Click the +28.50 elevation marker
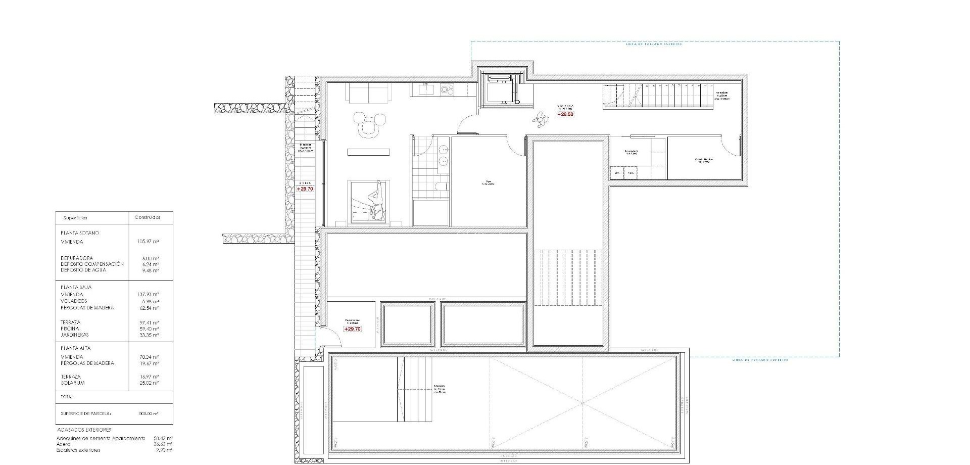(x=565, y=115)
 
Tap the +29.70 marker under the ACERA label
(x=305, y=189)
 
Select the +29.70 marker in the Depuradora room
(x=352, y=329)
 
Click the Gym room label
(x=488, y=183)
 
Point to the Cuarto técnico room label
(x=703, y=160)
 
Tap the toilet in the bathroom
(x=441, y=187)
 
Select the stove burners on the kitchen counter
(x=447, y=89)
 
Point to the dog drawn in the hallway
(x=541, y=119)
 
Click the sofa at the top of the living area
(x=368, y=92)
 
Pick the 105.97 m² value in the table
(x=148, y=242)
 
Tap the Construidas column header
(x=147, y=218)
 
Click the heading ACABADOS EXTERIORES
(x=84, y=430)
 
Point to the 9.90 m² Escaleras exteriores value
(x=165, y=450)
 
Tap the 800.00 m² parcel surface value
(x=148, y=413)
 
